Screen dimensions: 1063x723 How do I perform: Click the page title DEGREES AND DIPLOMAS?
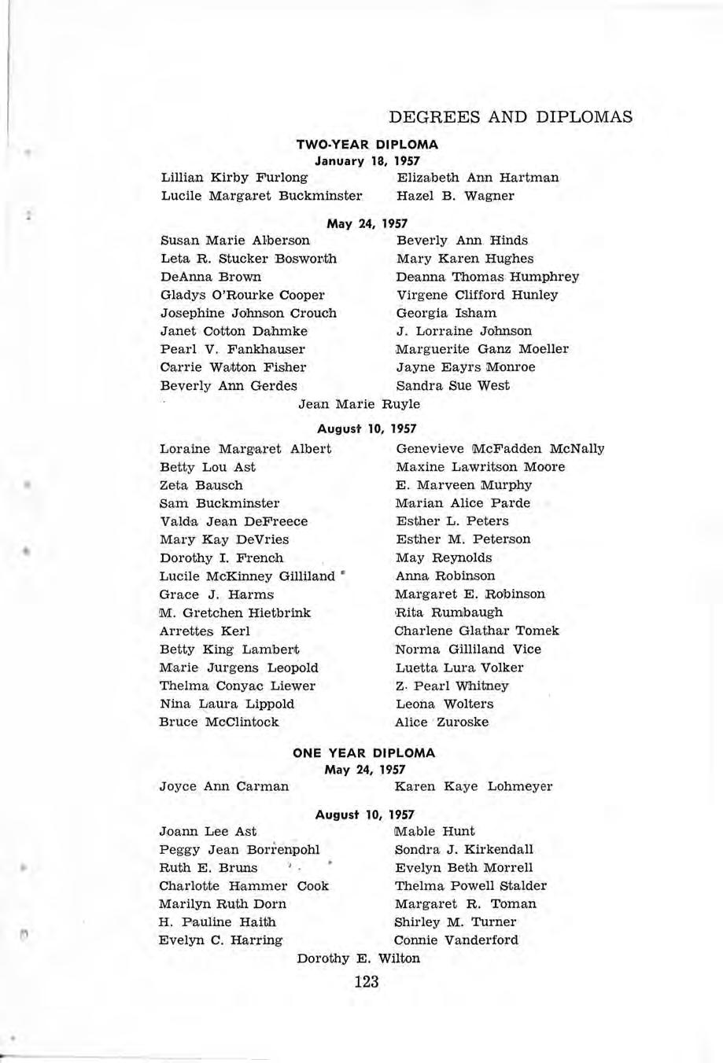511,117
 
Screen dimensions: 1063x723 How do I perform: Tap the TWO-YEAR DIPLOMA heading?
367,145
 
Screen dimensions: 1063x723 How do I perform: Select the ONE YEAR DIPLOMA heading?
363,752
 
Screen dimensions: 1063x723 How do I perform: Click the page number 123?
367,981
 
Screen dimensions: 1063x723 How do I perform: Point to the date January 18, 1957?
367,160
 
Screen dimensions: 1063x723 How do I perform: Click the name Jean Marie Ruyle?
360,404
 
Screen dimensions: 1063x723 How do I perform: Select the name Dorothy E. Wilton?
359,958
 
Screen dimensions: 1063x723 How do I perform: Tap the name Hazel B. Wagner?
456,196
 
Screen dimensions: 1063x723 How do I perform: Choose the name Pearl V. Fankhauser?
232,349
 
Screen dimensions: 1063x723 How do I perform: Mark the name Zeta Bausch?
201,485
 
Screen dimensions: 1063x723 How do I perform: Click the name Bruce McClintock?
219,722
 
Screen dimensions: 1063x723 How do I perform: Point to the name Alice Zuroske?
442,722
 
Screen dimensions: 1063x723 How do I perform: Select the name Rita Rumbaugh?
448,612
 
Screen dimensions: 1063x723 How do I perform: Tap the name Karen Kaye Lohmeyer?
474,786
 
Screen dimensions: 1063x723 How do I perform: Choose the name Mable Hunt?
434,831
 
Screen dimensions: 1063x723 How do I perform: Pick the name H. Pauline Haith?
217,922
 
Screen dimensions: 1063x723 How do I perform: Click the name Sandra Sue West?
452,386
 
